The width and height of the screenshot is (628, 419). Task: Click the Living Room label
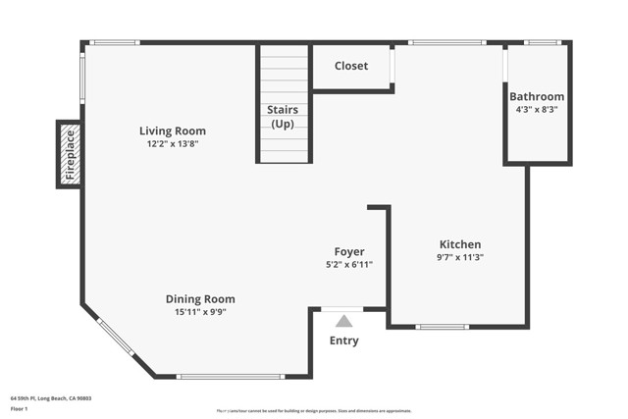pyautogui.click(x=173, y=131)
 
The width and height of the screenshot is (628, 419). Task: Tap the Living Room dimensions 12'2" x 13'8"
pyautogui.click(x=173, y=144)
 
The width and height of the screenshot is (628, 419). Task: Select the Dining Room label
pyautogui.click(x=200, y=299)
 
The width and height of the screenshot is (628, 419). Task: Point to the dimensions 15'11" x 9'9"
pyautogui.click(x=200, y=312)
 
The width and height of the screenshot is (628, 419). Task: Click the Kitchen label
pyautogui.click(x=459, y=244)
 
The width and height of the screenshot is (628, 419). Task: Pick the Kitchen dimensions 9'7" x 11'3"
pyautogui.click(x=459, y=257)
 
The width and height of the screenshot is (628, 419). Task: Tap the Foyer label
pyautogui.click(x=349, y=252)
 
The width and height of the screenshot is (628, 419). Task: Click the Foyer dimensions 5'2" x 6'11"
pyautogui.click(x=349, y=265)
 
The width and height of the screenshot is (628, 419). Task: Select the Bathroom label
pyautogui.click(x=537, y=96)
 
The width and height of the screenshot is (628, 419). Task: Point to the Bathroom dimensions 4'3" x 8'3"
pyautogui.click(x=537, y=110)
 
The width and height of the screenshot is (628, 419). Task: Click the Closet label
pyautogui.click(x=351, y=66)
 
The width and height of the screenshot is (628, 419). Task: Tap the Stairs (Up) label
pyautogui.click(x=284, y=117)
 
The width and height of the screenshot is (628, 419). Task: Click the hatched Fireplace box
pyautogui.click(x=69, y=154)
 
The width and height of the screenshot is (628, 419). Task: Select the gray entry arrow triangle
pyautogui.click(x=343, y=321)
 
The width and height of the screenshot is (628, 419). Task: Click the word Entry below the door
pyautogui.click(x=343, y=341)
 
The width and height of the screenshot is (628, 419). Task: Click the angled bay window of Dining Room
pyautogui.click(x=116, y=338)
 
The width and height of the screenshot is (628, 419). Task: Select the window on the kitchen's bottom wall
pyautogui.click(x=443, y=327)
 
